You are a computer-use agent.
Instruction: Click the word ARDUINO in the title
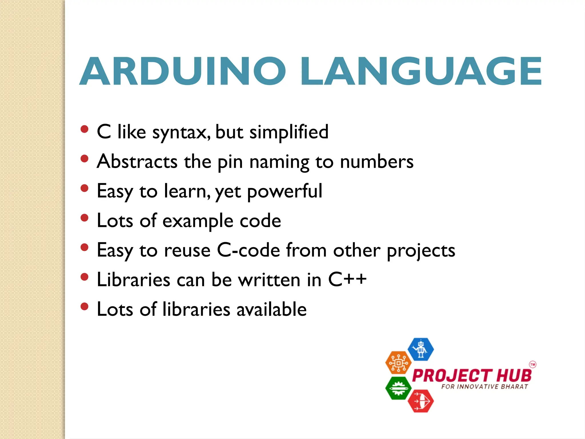[183, 71]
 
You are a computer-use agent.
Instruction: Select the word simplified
[289, 132]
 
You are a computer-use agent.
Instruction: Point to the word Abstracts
[137, 162]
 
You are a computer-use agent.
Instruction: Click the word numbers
[376, 162]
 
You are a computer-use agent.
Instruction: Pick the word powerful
[285, 191]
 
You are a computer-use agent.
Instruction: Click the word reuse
[187, 251]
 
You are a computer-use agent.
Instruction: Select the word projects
[421, 251]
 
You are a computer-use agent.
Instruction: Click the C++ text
[347, 280]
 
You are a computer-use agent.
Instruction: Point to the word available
[271, 309]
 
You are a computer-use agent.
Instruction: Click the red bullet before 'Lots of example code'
[84, 218]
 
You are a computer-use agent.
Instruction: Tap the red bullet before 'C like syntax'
[84, 129]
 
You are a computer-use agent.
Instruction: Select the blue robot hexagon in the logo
[420, 349]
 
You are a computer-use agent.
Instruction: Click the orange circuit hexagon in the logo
[398, 362]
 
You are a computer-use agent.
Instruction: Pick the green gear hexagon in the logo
[398, 388]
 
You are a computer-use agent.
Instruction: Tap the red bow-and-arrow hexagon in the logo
[420, 401]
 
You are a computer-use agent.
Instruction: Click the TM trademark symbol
[532, 364]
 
